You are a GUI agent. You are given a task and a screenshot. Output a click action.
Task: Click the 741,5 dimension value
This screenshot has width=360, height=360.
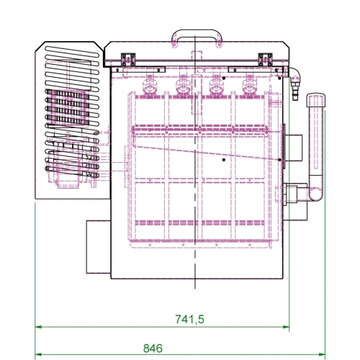(189, 319)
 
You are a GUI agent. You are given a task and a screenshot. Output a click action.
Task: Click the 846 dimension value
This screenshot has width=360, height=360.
(153, 348)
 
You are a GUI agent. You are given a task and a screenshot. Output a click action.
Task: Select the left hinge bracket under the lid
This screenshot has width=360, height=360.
(128, 60)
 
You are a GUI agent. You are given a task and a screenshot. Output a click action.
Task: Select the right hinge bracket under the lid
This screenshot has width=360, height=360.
(265, 60)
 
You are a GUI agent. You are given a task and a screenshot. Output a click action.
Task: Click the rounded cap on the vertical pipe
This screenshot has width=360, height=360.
(316, 100)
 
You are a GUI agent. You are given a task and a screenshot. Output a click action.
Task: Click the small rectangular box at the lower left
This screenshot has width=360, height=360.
(99, 247)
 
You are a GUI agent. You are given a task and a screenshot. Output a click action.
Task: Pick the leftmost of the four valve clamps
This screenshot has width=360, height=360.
(149, 86)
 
